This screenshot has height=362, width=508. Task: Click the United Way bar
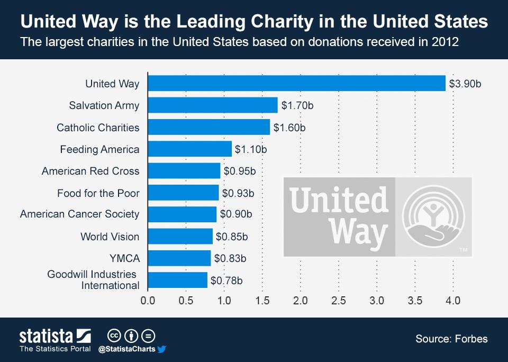click(296, 83)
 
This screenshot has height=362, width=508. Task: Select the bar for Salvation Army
click(213, 105)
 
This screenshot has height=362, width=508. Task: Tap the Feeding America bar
click(190, 149)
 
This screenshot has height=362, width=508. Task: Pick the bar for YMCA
click(179, 258)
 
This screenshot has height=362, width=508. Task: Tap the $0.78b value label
click(227, 280)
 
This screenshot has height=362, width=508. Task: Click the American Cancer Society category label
click(80, 214)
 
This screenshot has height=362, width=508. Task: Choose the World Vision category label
click(110, 237)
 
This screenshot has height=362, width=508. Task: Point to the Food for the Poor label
click(98, 193)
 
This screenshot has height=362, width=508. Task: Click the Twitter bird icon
click(162, 349)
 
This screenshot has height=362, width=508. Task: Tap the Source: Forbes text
click(451, 339)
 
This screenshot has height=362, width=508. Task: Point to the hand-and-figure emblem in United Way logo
click(433, 217)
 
